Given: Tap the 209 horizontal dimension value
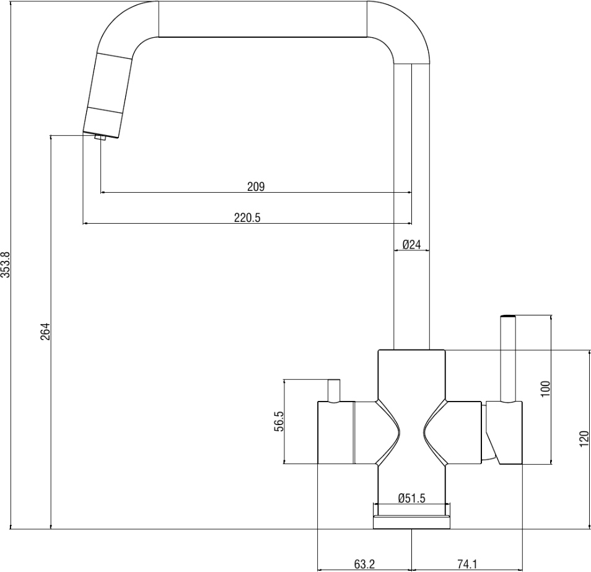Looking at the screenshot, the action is tap(256, 186).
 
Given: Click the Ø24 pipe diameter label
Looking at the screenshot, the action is tap(411, 245).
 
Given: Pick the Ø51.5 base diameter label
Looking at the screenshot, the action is tap(411, 498).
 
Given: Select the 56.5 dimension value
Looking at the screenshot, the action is tap(279, 421).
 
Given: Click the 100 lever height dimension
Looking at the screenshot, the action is tap(545, 389).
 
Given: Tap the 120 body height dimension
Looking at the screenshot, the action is tap(584, 439).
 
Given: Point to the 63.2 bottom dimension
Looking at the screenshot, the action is tap(365, 565).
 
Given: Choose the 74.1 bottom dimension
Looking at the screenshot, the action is tap(466, 565).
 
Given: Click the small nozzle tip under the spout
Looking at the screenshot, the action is tap(101, 138).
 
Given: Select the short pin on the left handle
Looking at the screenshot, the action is tap(334, 390).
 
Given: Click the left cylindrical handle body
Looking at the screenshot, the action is tap(335, 432).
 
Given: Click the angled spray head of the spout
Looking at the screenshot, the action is tap(108, 93).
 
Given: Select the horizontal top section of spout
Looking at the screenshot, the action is tap(263, 19).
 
